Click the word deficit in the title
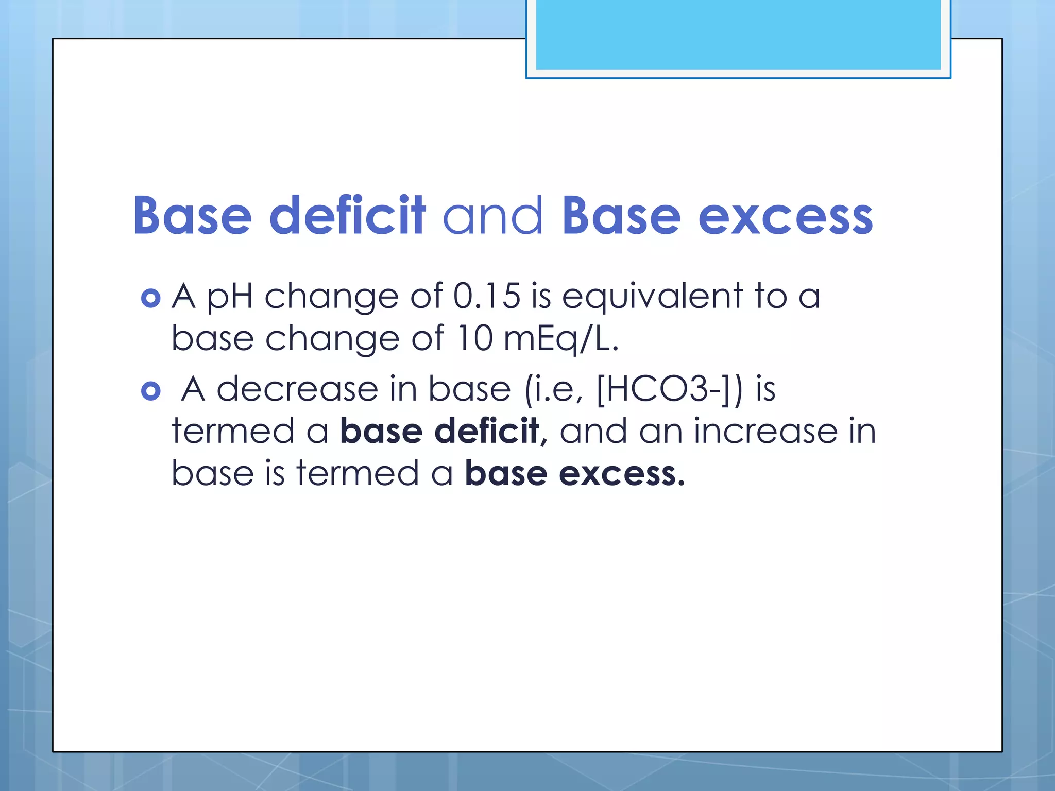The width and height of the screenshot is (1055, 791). (x=347, y=216)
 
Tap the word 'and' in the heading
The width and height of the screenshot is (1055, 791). (x=492, y=216)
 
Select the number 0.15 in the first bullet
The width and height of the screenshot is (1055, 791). (x=486, y=297)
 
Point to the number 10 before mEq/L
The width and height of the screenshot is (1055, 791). (x=474, y=339)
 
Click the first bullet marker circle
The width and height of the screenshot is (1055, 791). (x=150, y=298)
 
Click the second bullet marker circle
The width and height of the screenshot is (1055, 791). (x=150, y=391)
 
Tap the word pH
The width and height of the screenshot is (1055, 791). (x=230, y=298)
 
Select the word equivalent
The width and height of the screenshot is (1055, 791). (x=652, y=298)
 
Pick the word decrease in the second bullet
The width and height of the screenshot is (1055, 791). (x=297, y=389)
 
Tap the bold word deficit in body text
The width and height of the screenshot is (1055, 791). (x=486, y=432)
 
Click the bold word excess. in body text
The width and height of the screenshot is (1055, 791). (x=622, y=474)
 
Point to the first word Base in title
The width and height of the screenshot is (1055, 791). (x=192, y=216)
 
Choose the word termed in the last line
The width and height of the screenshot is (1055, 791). (x=358, y=474)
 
